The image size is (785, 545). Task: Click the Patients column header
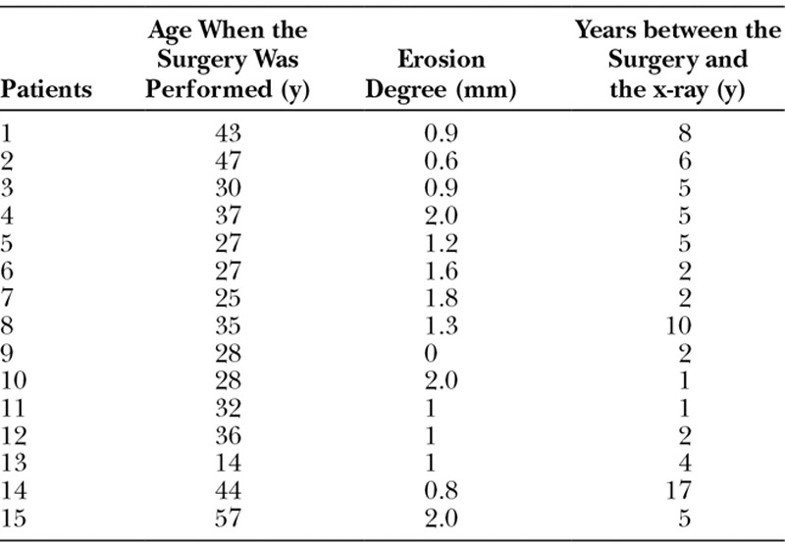pos(46,89)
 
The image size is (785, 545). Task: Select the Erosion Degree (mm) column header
pos(441,75)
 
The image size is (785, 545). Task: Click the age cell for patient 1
pos(229,133)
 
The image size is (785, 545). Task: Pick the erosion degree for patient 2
pos(441,161)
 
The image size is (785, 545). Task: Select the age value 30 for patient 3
pos(229,188)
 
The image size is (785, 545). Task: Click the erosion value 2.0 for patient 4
pos(441,216)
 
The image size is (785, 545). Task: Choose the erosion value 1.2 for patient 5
pos(441,243)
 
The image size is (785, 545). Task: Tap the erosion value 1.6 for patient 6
pos(441,271)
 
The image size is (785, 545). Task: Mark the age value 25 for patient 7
pos(229,298)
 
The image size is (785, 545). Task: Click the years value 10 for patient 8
pos(678,325)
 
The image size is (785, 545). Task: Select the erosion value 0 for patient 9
pos(430,353)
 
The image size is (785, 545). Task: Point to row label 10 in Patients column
pos(14,380)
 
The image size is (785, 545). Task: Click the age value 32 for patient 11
pos(229,408)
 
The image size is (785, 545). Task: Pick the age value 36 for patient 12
pos(229,435)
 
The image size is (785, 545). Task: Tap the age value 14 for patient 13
pos(229,463)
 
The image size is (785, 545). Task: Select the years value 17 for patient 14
pos(678,490)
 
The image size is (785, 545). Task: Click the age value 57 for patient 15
pos(229,518)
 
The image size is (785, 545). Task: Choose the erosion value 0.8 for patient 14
pos(441,490)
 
